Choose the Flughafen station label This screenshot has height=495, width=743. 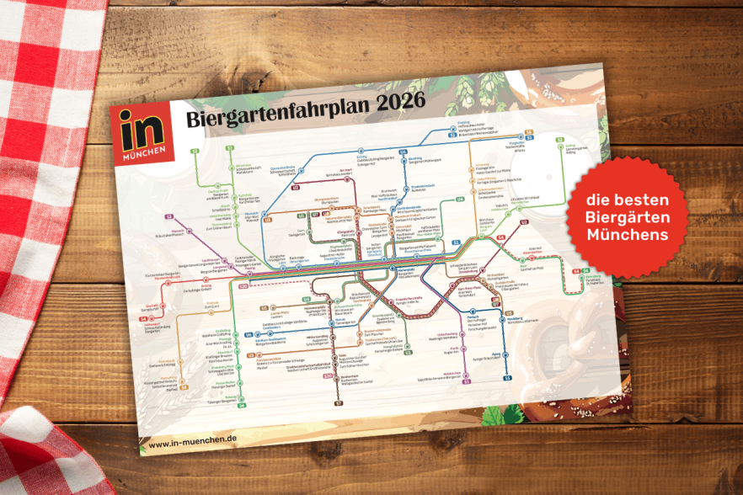point(517,143)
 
